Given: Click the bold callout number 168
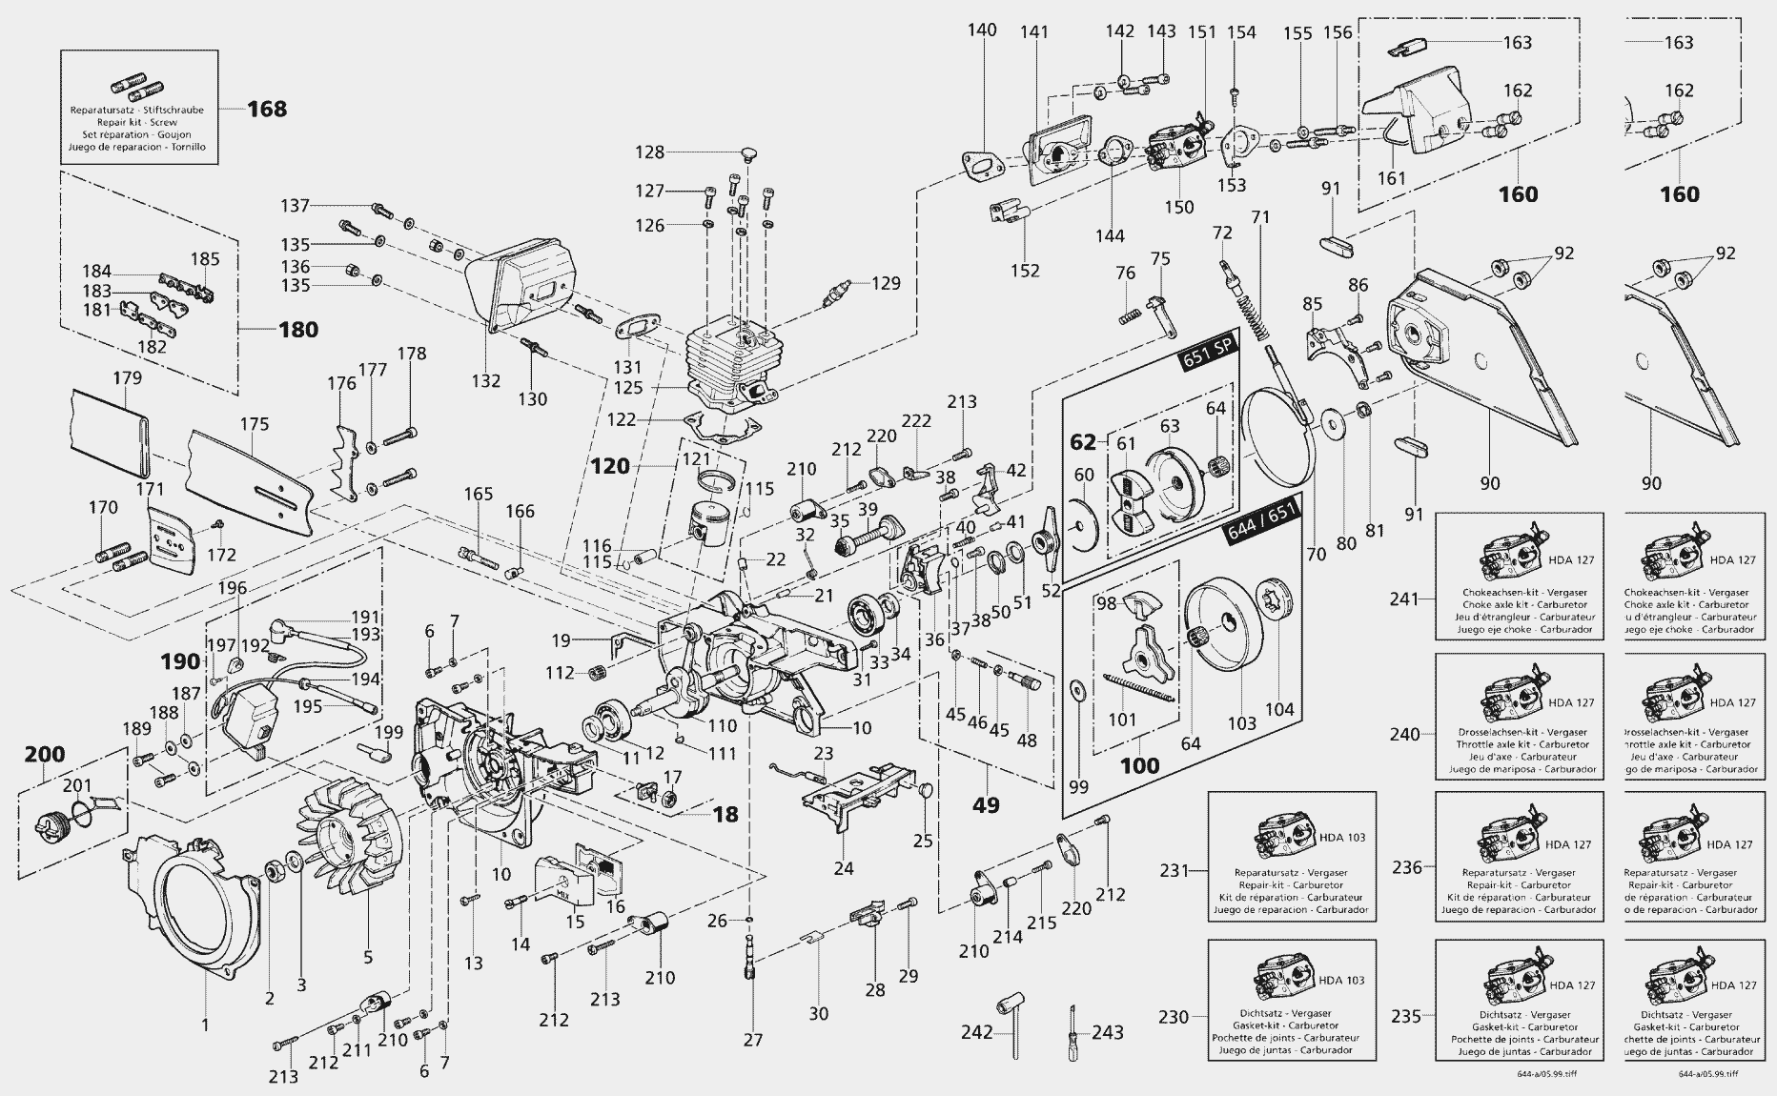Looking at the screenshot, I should (267, 109).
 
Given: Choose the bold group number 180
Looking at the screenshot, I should (297, 330).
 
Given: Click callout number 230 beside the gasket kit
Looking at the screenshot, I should (1174, 1017).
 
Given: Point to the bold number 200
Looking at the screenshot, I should (44, 755).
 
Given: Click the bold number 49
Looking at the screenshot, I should (985, 805).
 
